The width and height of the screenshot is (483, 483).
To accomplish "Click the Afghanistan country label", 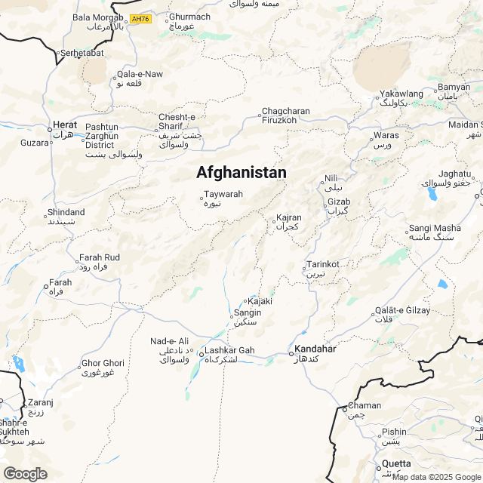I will [241, 173].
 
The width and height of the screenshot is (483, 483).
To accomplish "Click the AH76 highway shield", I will [140, 18].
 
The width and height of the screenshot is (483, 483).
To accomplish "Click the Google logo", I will [25, 473].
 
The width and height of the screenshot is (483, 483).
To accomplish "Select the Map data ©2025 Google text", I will [436, 477].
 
